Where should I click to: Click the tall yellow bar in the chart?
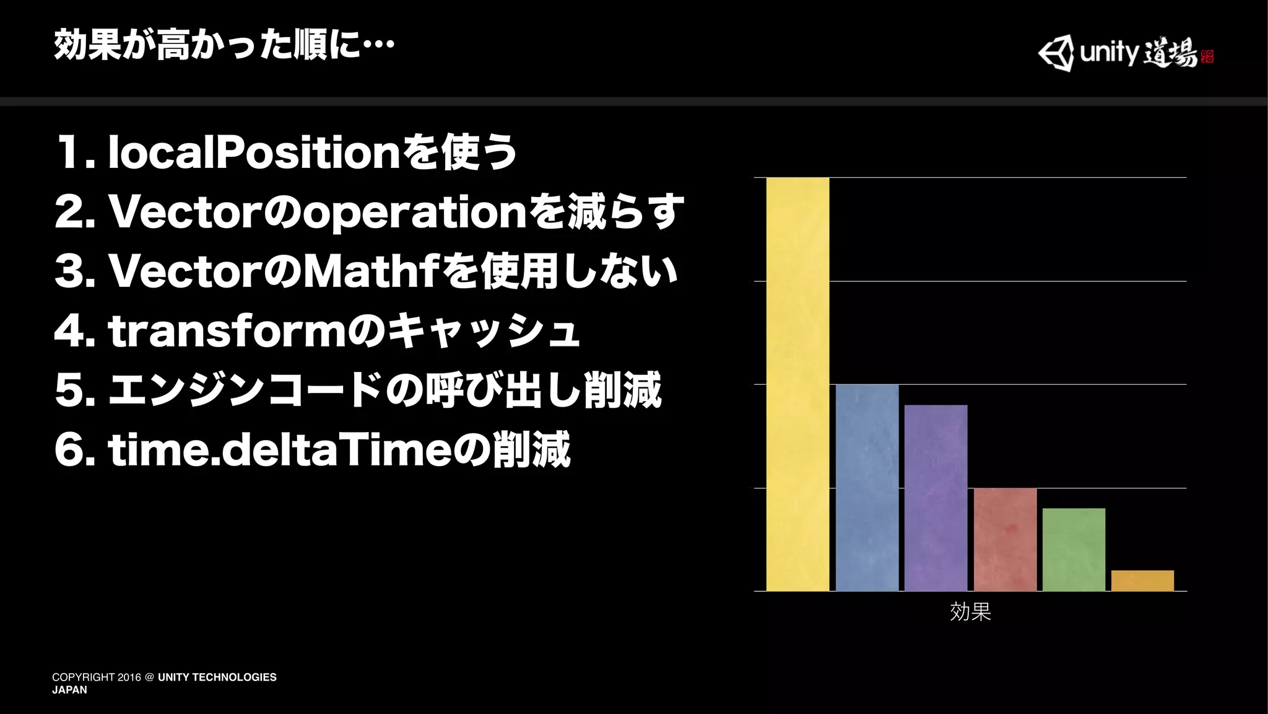pos(797,384)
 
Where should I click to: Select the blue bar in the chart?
pos(867,488)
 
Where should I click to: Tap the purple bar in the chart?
pos(936,498)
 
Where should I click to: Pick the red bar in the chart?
pos(1005,539)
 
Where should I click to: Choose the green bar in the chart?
pos(1074,550)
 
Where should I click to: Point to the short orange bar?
pos(1142,581)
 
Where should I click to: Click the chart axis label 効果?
pos(970,612)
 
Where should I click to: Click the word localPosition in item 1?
pos(254,152)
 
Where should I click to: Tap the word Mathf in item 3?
pos(371,271)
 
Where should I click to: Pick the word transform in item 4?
pos(227,331)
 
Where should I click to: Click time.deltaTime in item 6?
pos(279,450)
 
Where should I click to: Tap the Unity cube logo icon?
pos(1056,53)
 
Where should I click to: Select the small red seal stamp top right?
pos(1207,56)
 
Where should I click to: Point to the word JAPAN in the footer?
pos(69,690)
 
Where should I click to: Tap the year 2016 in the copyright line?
pos(129,677)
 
